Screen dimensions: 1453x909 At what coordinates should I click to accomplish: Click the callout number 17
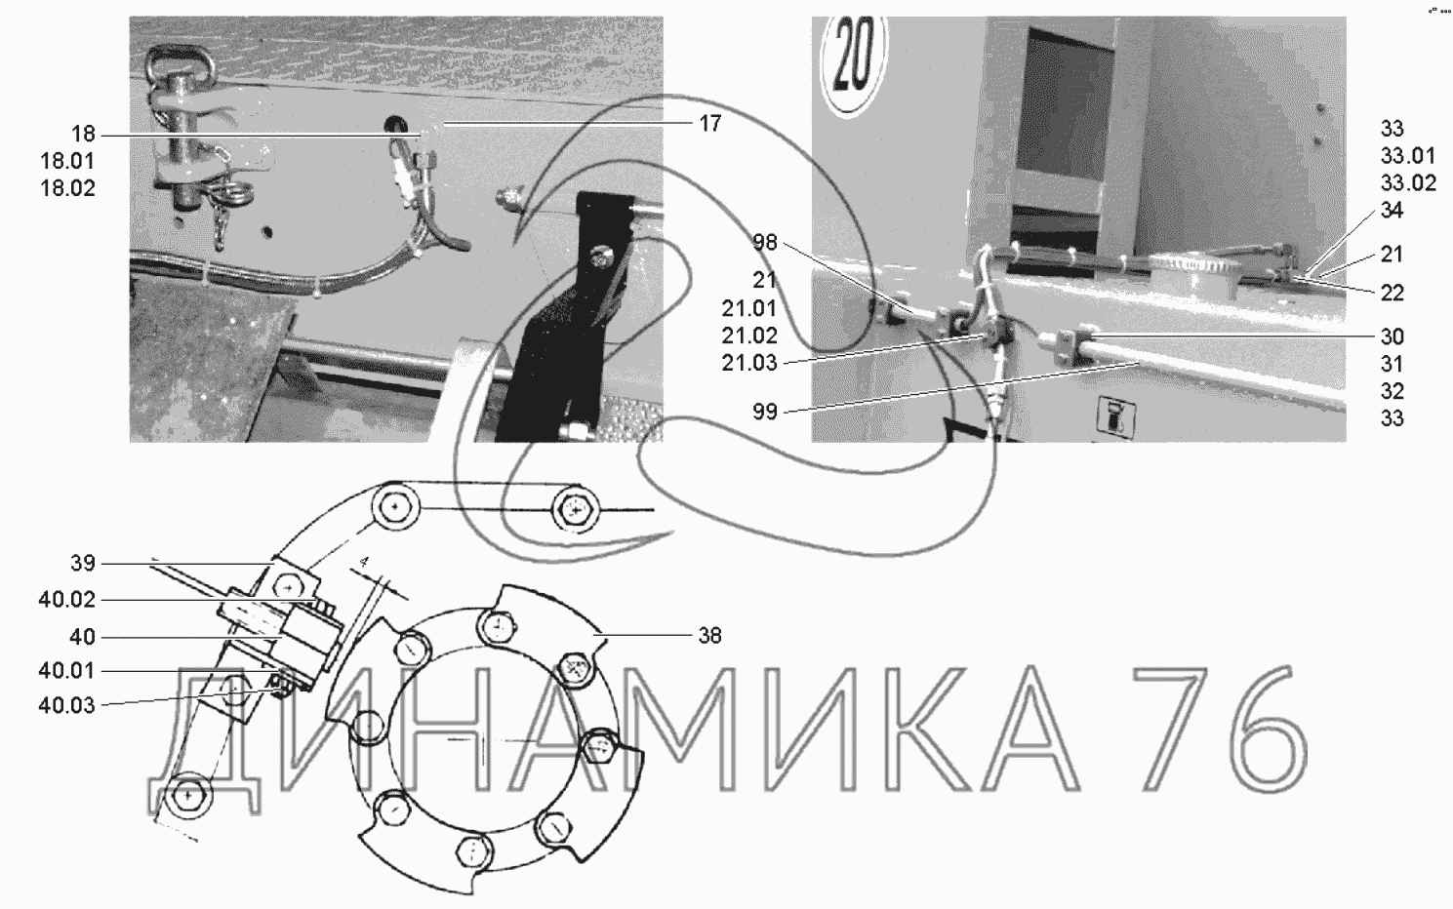coord(710,123)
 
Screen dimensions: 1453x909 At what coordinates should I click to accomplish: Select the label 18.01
coord(67,161)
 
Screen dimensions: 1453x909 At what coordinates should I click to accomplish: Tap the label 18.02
coord(67,188)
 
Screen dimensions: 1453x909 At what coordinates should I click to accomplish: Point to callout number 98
coord(765,243)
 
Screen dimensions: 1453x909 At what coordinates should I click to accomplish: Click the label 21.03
coord(749,363)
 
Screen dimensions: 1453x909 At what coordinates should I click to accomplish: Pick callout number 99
coord(765,412)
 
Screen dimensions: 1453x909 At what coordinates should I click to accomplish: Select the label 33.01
coord(1408,156)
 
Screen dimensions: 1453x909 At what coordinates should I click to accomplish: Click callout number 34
coord(1392,210)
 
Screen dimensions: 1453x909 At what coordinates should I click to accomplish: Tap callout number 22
coord(1392,293)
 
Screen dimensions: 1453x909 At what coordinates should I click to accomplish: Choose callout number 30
coord(1392,336)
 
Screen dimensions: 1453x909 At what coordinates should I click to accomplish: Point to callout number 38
coord(710,635)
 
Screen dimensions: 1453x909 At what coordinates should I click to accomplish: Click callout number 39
coord(83,563)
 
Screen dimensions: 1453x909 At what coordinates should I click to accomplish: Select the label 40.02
coord(67,600)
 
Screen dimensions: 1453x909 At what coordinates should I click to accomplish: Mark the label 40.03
coord(67,705)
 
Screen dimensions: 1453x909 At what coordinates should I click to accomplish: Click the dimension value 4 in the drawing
coord(365,562)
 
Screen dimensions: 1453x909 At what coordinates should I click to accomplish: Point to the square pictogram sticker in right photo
coord(1115,415)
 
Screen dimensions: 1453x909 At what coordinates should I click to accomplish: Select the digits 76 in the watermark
coord(1220,730)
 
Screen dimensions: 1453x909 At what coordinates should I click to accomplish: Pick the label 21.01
coord(749,308)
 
